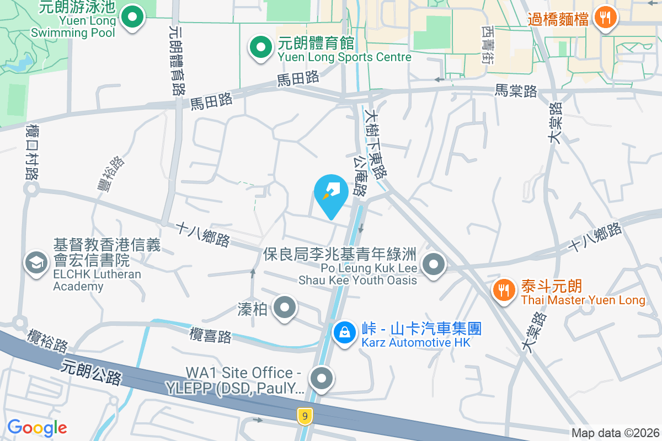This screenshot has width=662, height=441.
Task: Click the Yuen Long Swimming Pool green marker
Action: click(x=132, y=18)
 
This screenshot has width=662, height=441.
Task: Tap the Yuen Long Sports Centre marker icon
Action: click(x=261, y=48)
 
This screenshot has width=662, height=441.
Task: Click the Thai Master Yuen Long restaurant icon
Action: click(x=503, y=289)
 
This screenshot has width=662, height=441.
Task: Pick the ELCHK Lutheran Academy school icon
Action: click(x=37, y=263)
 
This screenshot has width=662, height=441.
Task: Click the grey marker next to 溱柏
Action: click(x=285, y=308)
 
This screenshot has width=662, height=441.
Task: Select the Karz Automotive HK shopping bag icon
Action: click(x=345, y=332)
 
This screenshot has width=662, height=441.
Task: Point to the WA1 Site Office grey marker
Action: click(x=322, y=379)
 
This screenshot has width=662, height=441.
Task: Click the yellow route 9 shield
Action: click(x=304, y=416)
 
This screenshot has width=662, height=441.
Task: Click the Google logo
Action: click(x=37, y=428)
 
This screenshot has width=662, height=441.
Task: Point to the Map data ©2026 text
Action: click(x=615, y=433)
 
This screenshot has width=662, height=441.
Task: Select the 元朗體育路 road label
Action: click(x=177, y=61)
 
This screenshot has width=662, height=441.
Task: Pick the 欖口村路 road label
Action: click(x=31, y=151)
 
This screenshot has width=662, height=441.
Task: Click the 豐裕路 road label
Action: click(x=111, y=174)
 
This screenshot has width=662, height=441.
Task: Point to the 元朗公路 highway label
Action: click(x=92, y=373)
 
